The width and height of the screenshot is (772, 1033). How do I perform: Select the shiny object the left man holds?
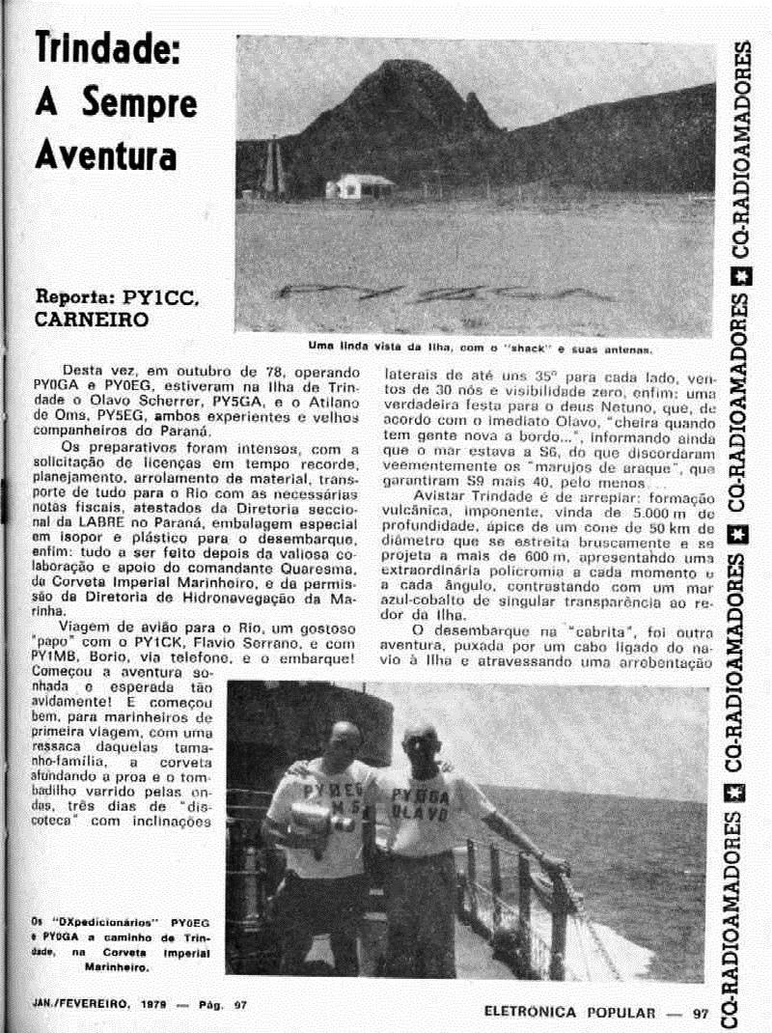(315, 822)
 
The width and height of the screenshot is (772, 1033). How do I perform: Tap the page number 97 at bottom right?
(700, 1013)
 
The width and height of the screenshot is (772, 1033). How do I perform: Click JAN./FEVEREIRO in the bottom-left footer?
(73, 1004)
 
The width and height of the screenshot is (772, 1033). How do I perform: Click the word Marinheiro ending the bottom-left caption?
(117, 964)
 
